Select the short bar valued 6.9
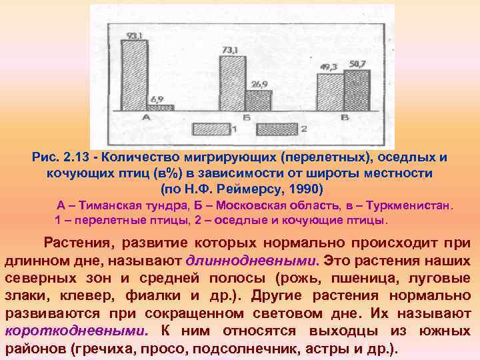click(x=160, y=107)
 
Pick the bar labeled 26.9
click(x=257, y=100)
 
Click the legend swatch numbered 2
click(x=277, y=128)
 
